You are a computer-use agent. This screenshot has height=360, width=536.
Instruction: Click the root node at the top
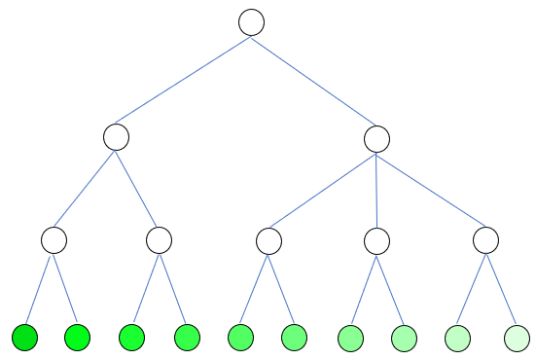(x=251, y=22)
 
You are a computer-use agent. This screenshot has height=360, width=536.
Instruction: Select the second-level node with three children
(x=376, y=137)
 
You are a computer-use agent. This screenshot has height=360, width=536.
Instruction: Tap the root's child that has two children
(x=116, y=137)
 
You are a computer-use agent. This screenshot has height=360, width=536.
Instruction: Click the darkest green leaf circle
(x=25, y=338)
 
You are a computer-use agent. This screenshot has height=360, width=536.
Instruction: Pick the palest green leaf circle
(x=518, y=338)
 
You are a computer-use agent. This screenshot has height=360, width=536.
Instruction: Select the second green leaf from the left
(x=77, y=338)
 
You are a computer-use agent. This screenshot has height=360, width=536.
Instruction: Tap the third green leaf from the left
(x=131, y=338)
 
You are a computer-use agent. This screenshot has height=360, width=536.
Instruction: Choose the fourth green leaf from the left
(x=187, y=338)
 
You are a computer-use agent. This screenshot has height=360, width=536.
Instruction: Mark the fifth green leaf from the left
(x=240, y=338)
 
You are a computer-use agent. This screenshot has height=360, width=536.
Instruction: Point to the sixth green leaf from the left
(x=295, y=338)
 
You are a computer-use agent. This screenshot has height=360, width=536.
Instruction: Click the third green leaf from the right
(x=404, y=338)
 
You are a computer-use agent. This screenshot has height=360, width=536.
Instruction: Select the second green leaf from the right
(x=457, y=338)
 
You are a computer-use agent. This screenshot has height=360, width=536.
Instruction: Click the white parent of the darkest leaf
(x=54, y=239)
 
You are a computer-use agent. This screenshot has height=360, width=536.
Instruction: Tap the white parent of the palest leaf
(x=485, y=239)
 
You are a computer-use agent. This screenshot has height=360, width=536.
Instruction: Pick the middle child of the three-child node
(x=376, y=239)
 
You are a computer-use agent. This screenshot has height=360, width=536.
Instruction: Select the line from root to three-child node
(x=313, y=80)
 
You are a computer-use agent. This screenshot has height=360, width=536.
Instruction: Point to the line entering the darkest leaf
(x=39, y=290)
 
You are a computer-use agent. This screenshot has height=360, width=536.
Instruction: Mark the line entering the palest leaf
(x=502, y=290)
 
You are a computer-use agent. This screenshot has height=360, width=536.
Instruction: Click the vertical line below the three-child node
(x=376, y=189)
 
